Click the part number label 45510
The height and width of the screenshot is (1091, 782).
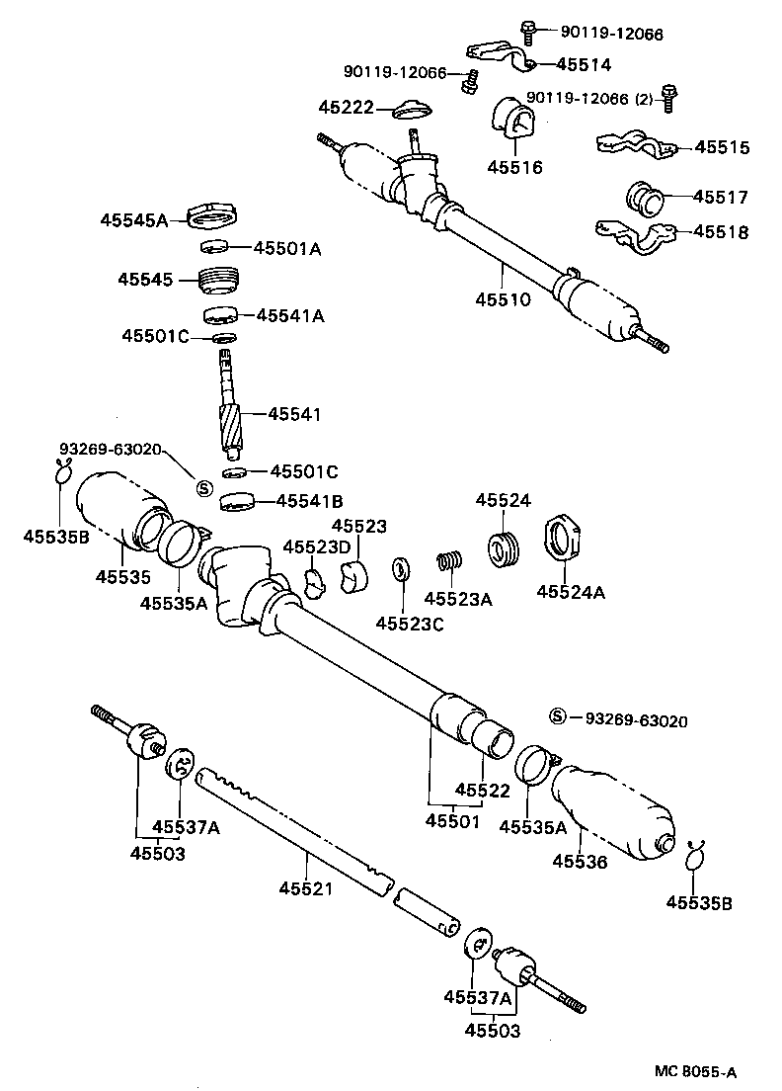click(x=503, y=298)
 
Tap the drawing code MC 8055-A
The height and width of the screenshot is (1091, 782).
click(x=695, y=1071)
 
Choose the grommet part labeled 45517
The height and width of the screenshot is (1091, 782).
click(x=643, y=197)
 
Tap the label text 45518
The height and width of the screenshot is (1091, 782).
click(x=721, y=233)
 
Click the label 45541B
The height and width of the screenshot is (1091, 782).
click(x=308, y=501)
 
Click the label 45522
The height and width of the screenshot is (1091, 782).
click(x=484, y=791)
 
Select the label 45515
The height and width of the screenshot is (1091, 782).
click(x=721, y=148)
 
